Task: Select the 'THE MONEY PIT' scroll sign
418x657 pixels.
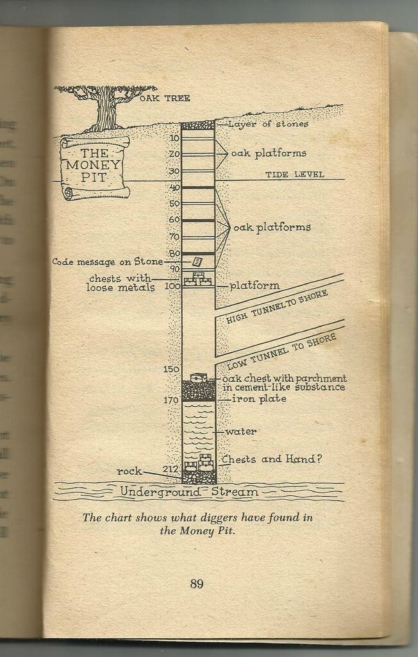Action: pyautogui.click(x=94, y=166)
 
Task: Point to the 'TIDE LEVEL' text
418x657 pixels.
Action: pyautogui.click(x=295, y=175)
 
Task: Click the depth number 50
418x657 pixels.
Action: pyautogui.click(x=174, y=203)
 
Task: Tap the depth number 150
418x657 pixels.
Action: pyautogui.click(x=171, y=369)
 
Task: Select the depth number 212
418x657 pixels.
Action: pyautogui.click(x=170, y=469)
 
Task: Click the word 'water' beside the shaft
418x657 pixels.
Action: pyautogui.click(x=240, y=432)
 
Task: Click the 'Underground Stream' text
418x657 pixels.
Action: pyautogui.click(x=189, y=492)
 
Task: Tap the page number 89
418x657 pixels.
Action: pyautogui.click(x=196, y=583)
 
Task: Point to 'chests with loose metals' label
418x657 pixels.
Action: pyautogui.click(x=121, y=283)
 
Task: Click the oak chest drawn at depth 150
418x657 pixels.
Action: pyautogui.click(x=199, y=378)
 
